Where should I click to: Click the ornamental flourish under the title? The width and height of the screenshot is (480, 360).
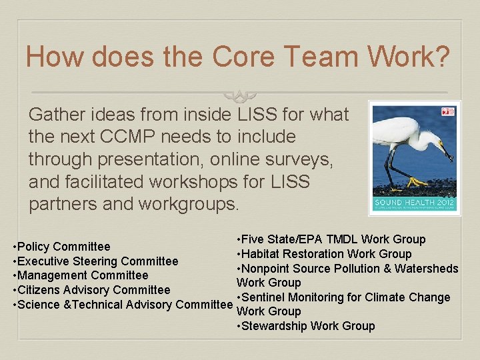(x=239, y=95)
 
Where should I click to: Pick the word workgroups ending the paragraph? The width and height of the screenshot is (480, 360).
(x=187, y=203)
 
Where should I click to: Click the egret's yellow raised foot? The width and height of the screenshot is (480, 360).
(x=417, y=181)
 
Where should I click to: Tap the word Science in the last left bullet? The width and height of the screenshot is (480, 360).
(x=39, y=305)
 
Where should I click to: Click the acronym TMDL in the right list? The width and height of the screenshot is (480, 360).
(x=340, y=239)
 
